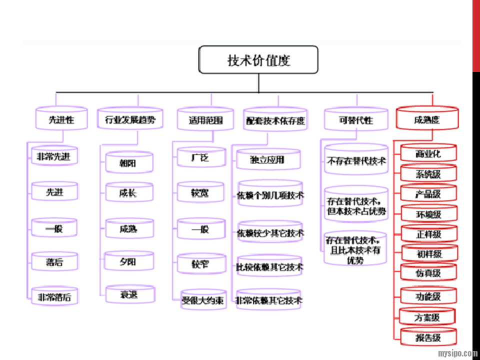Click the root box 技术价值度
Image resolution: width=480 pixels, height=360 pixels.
point(258,60)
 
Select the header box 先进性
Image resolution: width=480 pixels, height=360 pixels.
point(61,119)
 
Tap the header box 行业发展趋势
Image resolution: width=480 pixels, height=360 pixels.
point(130,119)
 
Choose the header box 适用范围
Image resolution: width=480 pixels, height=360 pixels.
point(205,120)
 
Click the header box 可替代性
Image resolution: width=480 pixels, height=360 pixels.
point(355,120)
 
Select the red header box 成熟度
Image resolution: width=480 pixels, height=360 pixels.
point(426,120)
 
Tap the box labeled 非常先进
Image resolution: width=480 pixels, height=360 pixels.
point(54,157)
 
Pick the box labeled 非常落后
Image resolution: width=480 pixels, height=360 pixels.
point(54,297)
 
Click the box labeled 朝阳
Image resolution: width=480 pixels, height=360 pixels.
point(129,163)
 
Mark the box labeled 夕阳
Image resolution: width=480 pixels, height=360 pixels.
point(129,261)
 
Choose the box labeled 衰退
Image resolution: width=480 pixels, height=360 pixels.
point(129,294)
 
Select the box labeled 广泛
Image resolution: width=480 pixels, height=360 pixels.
point(201,158)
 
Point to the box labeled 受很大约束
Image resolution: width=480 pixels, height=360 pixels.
point(202,301)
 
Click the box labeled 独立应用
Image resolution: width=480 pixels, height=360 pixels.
point(268,159)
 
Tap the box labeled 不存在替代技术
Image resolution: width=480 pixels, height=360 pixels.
point(356,161)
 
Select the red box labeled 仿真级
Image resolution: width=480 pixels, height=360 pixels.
point(428,273)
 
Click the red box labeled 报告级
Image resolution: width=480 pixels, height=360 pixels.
point(428,337)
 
